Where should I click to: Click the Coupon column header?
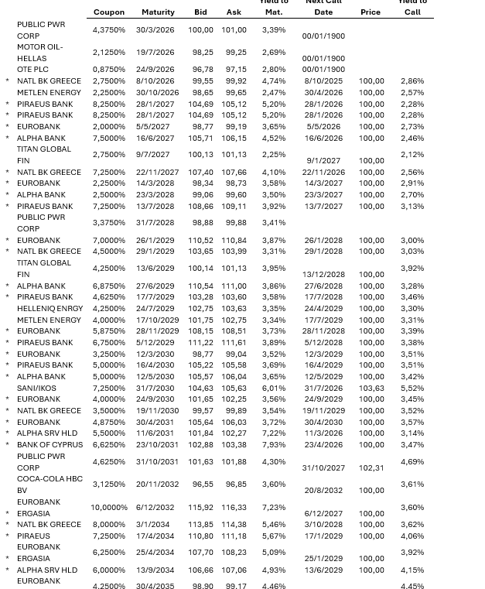(109, 12)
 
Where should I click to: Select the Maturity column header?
(158, 12)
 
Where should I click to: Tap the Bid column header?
(200, 12)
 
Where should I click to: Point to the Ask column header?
(234, 12)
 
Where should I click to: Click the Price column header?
(371, 12)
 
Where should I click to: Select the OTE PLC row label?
(32, 70)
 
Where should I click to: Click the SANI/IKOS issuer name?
(36, 389)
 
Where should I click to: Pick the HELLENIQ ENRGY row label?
(50, 309)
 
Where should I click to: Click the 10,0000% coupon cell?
(109, 508)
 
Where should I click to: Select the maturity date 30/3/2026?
(155, 30)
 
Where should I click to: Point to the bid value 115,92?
(200, 508)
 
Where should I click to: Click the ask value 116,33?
(234, 508)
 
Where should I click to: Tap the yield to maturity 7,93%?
(274, 445)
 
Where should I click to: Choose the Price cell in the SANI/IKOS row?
(371, 389)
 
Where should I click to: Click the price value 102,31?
(371, 468)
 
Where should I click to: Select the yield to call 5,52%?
(412, 389)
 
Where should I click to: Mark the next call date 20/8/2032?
(323, 491)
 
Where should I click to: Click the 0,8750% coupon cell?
(109, 70)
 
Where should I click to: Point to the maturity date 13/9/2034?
(155, 570)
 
